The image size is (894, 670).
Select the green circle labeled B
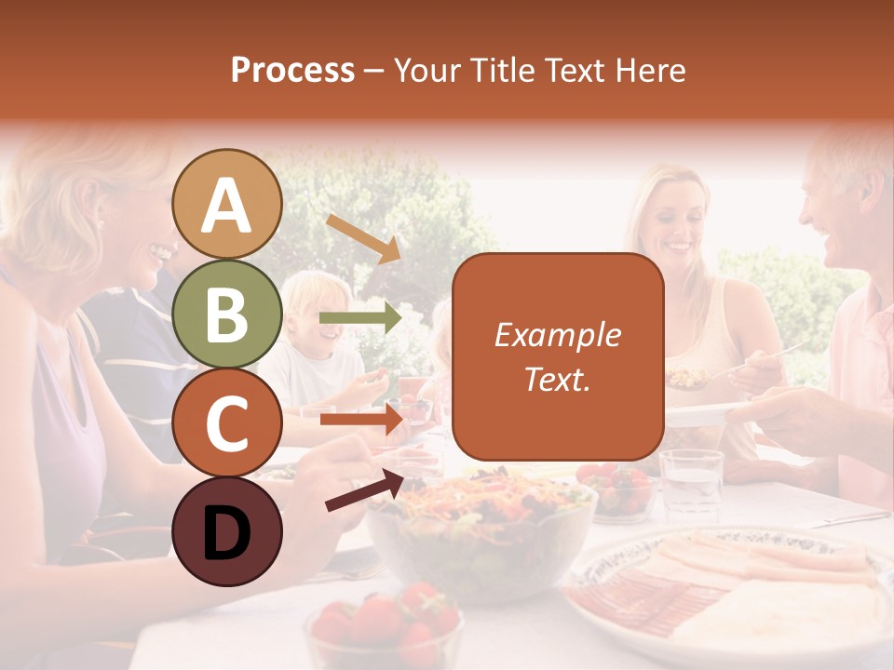(x=227, y=315)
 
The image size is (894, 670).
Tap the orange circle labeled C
(x=227, y=423)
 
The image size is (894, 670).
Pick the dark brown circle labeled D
(x=227, y=531)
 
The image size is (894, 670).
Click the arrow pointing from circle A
(x=363, y=238)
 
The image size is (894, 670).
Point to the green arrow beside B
(x=359, y=318)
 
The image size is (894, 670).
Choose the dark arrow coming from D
(x=365, y=490)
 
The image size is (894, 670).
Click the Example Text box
(x=558, y=356)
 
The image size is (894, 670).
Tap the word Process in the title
(x=292, y=70)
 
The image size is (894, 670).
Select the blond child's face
(x=314, y=316)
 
